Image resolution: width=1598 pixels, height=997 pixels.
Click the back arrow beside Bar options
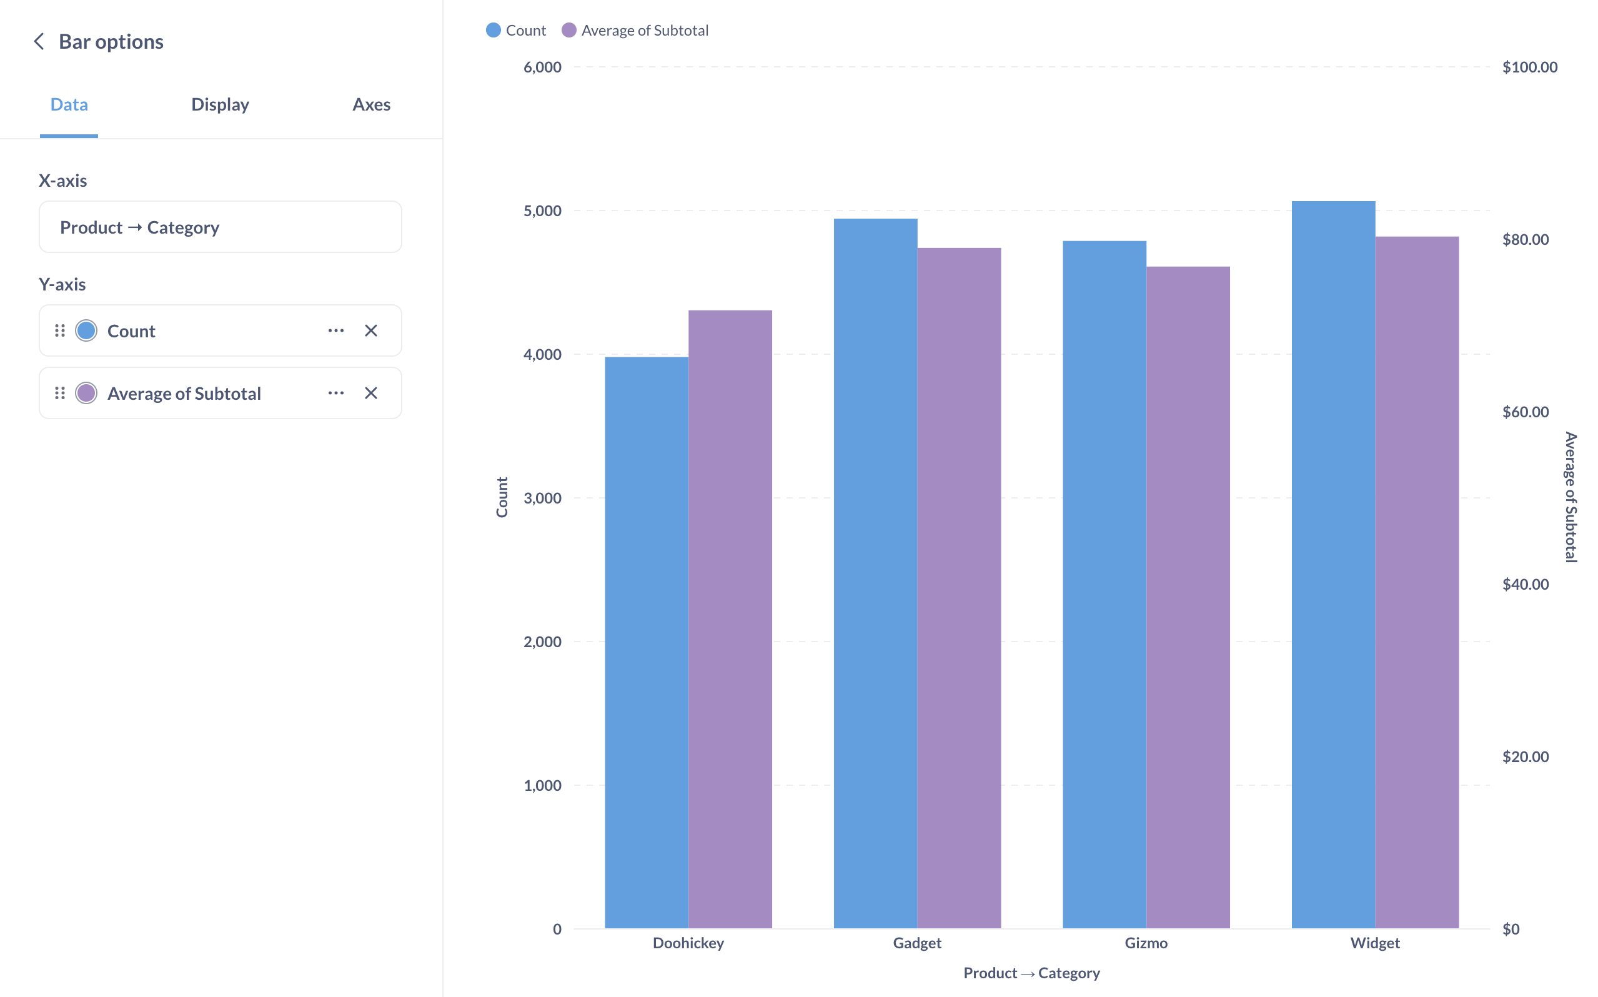(x=39, y=41)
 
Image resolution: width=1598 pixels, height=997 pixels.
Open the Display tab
(x=220, y=104)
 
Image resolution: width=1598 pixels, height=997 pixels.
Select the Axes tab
(x=371, y=104)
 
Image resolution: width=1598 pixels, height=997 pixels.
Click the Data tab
(x=69, y=104)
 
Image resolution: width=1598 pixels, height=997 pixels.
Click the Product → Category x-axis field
(x=220, y=227)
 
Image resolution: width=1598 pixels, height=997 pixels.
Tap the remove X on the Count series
(x=371, y=330)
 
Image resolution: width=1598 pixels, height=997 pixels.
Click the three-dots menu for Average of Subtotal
(x=335, y=393)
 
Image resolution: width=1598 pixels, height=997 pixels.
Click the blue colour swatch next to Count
(x=86, y=330)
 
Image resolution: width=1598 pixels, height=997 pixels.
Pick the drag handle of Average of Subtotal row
(x=60, y=393)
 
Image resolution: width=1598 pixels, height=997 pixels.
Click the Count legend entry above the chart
(x=516, y=31)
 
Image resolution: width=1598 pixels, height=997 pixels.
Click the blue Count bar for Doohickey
(x=646, y=643)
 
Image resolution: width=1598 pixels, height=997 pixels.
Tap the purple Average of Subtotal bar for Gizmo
(x=1188, y=597)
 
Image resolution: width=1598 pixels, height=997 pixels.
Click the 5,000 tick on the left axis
(x=542, y=211)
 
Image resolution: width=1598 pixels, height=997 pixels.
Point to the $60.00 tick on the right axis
(x=1526, y=412)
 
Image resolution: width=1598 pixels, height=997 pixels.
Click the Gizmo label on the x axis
(x=1146, y=943)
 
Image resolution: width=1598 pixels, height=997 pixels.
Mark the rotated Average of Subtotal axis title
(x=1571, y=497)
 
